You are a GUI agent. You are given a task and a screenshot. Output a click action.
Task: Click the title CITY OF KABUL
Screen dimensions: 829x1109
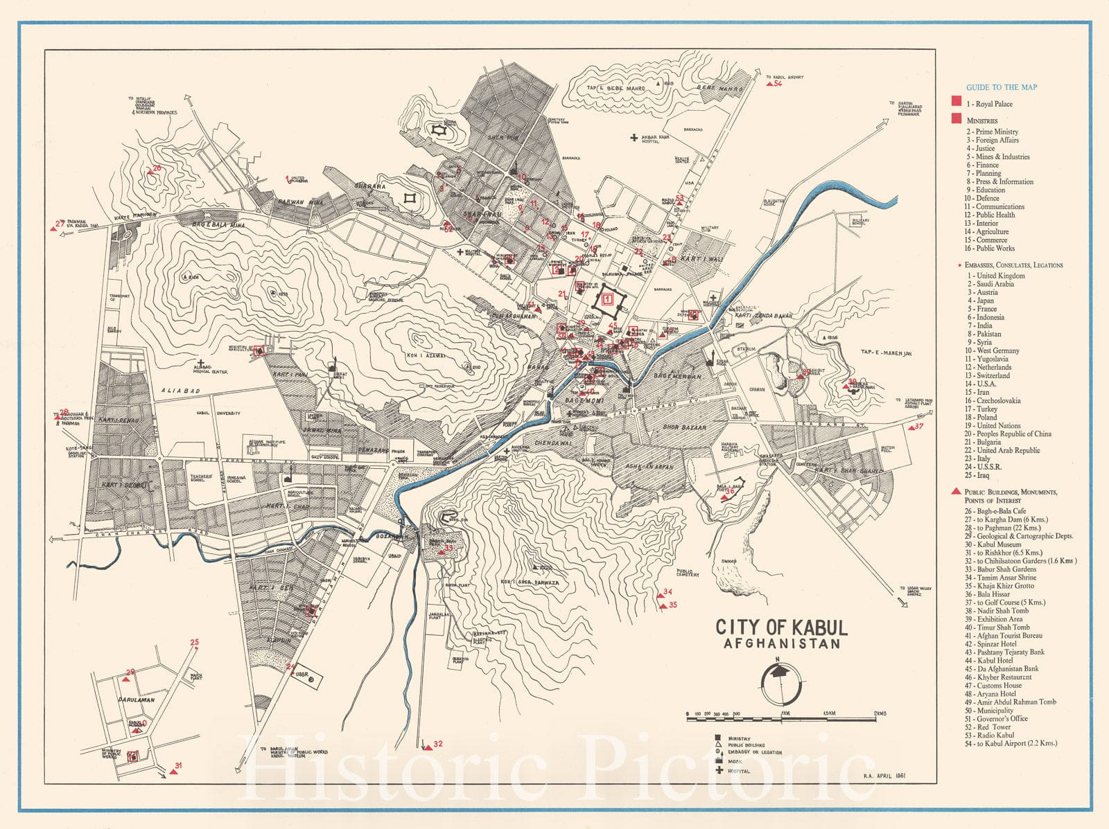click(x=781, y=627)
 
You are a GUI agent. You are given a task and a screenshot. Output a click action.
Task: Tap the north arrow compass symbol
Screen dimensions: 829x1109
click(x=781, y=682)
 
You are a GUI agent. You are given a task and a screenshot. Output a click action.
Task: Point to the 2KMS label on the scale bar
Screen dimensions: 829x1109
click(x=880, y=713)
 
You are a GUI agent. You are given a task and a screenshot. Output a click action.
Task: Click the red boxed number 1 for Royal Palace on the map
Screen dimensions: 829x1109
click(x=607, y=299)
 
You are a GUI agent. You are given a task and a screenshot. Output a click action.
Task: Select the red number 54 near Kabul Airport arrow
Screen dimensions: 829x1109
click(x=778, y=84)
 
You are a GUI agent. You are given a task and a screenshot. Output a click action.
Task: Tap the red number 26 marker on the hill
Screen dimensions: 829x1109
click(x=157, y=168)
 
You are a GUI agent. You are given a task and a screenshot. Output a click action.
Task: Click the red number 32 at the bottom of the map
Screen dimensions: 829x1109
click(x=437, y=745)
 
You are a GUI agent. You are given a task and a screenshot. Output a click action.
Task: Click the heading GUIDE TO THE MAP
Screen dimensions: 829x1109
click(x=1002, y=87)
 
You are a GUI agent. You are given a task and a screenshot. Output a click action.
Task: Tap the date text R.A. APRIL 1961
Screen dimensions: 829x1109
click(x=884, y=776)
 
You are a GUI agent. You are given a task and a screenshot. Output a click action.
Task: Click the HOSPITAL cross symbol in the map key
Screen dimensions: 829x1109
click(x=719, y=770)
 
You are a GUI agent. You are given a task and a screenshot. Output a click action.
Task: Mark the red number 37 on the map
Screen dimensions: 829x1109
click(x=919, y=426)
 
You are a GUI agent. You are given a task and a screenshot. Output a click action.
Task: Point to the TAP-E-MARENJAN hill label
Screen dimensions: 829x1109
click(x=886, y=353)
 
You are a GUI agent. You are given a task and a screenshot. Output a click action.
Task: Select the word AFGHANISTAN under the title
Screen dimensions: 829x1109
click(x=781, y=643)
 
